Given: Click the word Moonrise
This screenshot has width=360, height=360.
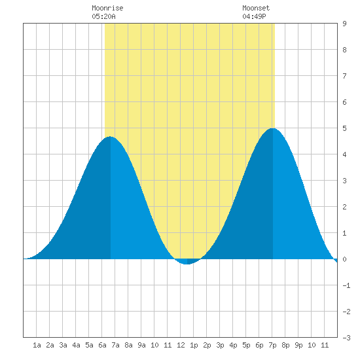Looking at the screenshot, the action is tap(107, 8).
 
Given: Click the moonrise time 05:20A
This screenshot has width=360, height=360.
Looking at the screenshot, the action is tap(103, 16).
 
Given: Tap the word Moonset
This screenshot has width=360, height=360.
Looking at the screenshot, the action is tap(256, 8).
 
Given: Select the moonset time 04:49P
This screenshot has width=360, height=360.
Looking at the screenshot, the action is tap(254, 16).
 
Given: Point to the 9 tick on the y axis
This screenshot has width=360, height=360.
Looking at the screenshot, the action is tap(344, 24).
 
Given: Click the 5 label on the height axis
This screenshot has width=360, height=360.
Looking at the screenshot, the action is tap(344, 128).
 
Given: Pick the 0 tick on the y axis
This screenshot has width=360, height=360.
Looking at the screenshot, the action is tap(344, 259).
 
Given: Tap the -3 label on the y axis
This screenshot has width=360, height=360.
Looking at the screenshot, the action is tap(346, 338).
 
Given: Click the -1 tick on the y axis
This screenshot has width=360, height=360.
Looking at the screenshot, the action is tap(346, 285).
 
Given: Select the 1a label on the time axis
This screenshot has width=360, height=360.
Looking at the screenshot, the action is tap(37, 345).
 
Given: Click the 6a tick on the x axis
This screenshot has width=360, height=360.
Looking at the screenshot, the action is tap(102, 345).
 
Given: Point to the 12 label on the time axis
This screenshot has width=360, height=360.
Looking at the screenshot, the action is tap(181, 345).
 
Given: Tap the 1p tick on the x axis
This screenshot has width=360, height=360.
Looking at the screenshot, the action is tap(194, 345).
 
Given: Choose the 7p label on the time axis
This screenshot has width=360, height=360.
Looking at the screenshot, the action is tap(272, 345).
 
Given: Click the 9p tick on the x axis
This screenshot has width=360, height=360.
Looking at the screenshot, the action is tap(298, 345).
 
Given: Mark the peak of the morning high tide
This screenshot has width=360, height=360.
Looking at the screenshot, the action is tap(111, 137).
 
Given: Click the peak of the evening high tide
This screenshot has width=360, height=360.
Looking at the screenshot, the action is tap(273, 128).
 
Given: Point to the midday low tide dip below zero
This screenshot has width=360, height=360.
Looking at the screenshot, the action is tap(187, 264).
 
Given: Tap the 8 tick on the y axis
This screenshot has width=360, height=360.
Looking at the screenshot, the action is tap(344, 50).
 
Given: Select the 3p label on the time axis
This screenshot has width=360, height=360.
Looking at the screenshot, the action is tap(220, 345).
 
